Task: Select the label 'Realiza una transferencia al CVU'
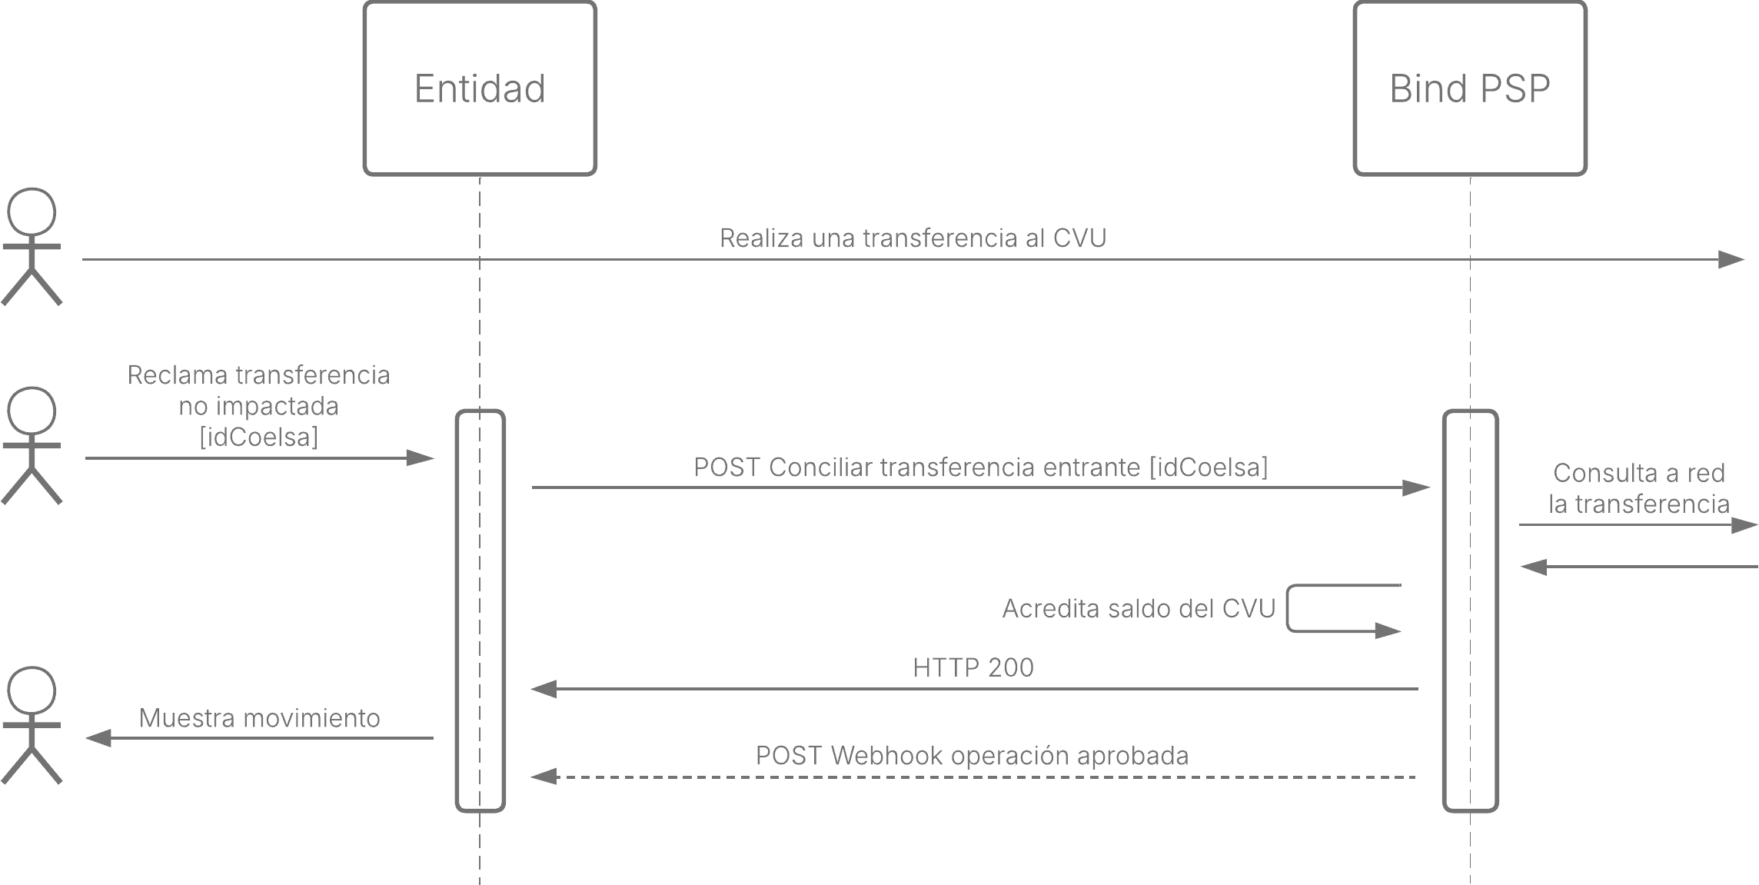pos(913,238)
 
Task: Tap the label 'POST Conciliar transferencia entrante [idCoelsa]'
pos(981,467)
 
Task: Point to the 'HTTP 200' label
pos(973,667)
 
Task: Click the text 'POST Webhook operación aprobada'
pos(972,756)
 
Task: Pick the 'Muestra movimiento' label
pos(260,718)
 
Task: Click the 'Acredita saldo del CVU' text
pos(1139,609)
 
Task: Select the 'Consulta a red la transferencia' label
pos(1638,488)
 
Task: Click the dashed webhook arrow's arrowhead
pos(543,777)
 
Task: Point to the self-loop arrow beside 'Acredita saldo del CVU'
pos(1288,609)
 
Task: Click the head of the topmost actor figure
pos(32,211)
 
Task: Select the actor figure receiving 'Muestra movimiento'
pos(32,725)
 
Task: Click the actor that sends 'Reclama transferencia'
pos(32,446)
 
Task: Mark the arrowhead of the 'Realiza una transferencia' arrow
pos(1731,260)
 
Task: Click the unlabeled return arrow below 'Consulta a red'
pos(1639,567)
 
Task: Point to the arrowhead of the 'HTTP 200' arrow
pos(543,689)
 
